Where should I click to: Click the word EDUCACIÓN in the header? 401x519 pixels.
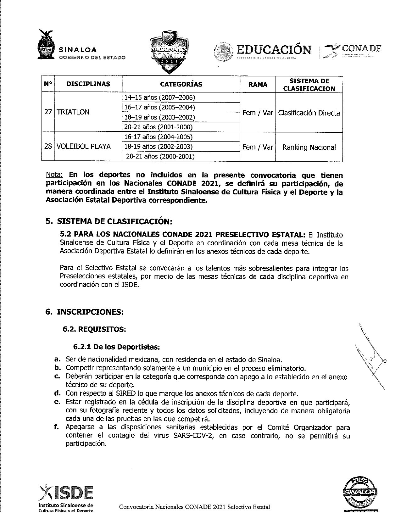(274, 50)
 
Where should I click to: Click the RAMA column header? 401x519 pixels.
(258, 84)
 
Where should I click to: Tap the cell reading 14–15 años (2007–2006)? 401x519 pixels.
(160, 98)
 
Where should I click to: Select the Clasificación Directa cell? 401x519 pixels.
(309, 113)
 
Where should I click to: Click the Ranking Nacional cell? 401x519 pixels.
(309, 147)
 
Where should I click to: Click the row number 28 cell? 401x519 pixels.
(48, 147)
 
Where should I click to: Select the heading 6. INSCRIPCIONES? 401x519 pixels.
(85, 312)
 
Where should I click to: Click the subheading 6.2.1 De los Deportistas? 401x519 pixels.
(117, 347)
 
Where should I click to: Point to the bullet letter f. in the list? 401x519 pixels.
(57, 427)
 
